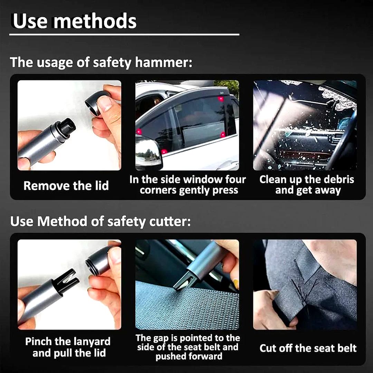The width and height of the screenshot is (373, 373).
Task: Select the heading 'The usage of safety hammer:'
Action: pyautogui.click(x=101, y=62)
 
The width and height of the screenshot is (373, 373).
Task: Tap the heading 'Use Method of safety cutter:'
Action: pyautogui.click(x=101, y=221)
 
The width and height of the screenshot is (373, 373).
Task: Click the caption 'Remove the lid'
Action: pyautogui.click(x=66, y=185)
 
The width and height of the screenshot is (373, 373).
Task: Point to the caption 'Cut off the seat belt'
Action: pyautogui.click(x=308, y=348)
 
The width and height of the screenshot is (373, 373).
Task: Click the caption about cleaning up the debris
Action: pyautogui.click(x=307, y=185)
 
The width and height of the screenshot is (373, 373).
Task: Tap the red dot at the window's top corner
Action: pyautogui.click(x=221, y=98)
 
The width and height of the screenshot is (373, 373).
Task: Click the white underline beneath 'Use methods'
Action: pyautogui.click(x=124, y=35)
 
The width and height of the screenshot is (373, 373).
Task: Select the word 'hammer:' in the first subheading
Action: pyautogui.click(x=164, y=62)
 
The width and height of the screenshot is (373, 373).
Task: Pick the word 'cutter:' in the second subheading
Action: pyautogui.click(x=170, y=221)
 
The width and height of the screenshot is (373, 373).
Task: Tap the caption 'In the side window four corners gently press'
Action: pyautogui.click(x=188, y=185)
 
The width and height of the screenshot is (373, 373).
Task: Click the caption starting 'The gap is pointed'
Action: pyautogui.click(x=188, y=347)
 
